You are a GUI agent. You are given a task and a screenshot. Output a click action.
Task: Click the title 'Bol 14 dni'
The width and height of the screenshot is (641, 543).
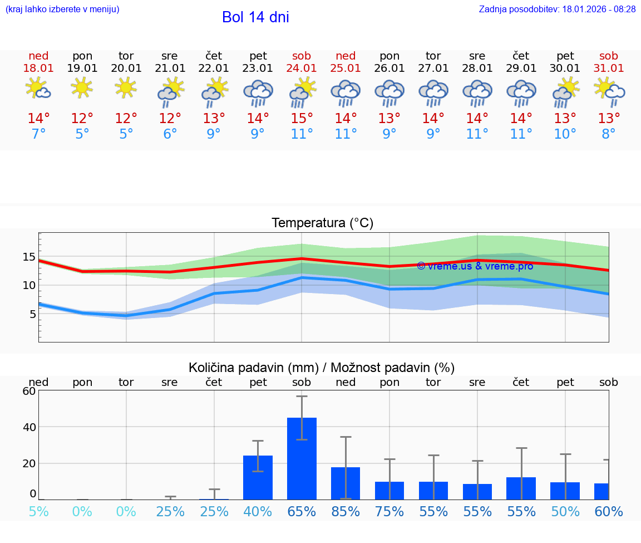[x=255, y=17]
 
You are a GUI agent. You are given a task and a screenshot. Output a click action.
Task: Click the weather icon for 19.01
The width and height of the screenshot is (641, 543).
[x=82, y=87]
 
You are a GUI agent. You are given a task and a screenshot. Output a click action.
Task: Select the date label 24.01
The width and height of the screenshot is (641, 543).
[x=302, y=69]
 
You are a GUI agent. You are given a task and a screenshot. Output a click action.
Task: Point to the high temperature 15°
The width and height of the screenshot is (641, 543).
[x=302, y=119]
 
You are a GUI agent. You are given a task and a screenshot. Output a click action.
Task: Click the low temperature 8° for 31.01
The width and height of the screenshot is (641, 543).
[x=609, y=134]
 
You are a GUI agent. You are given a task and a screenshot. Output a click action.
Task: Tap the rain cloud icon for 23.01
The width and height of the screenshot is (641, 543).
[x=258, y=92]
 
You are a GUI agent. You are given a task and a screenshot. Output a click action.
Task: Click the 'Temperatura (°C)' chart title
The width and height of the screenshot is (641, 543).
[x=322, y=223]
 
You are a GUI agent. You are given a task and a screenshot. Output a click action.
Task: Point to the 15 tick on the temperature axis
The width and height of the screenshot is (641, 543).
[x=29, y=257]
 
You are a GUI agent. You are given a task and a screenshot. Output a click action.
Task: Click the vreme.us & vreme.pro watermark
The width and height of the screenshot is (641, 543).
[x=475, y=266]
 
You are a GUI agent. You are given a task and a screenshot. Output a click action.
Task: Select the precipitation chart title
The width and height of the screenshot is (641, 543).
[x=322, y=368]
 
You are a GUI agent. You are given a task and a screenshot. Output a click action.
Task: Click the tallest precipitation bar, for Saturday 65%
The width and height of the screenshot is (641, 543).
[x=302, y=458]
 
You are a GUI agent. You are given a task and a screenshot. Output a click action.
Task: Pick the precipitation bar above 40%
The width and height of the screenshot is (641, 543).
[x=258, y=477]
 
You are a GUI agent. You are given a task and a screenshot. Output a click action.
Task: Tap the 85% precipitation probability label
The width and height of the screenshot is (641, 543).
[x=346, y=512]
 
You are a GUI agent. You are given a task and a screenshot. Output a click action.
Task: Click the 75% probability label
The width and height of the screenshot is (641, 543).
[x=389, y=512]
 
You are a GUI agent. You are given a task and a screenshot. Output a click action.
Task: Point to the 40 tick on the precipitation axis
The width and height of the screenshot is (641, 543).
[x=29, y=427]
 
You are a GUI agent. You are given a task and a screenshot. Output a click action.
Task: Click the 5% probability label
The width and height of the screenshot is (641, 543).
[x=38, y=512]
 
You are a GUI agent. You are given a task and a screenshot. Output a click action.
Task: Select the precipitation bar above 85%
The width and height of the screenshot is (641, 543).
[x=346, y=483]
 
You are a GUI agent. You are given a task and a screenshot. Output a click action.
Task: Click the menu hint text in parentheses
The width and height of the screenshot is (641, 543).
[x=62, y=9]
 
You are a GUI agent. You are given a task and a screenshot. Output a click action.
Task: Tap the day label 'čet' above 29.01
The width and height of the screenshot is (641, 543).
[x=521, y=56]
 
